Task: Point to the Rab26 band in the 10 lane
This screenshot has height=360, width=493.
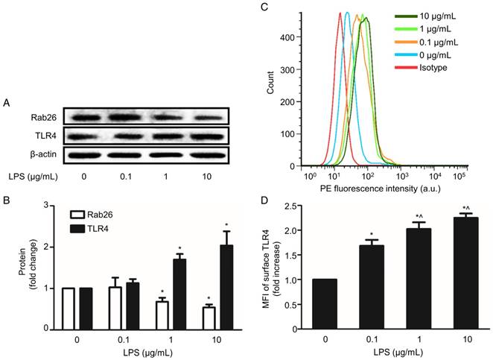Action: pyautogui.click(x=206, y=116)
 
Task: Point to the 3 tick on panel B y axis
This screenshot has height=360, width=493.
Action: pyautogui.click(x=48, y=205)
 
